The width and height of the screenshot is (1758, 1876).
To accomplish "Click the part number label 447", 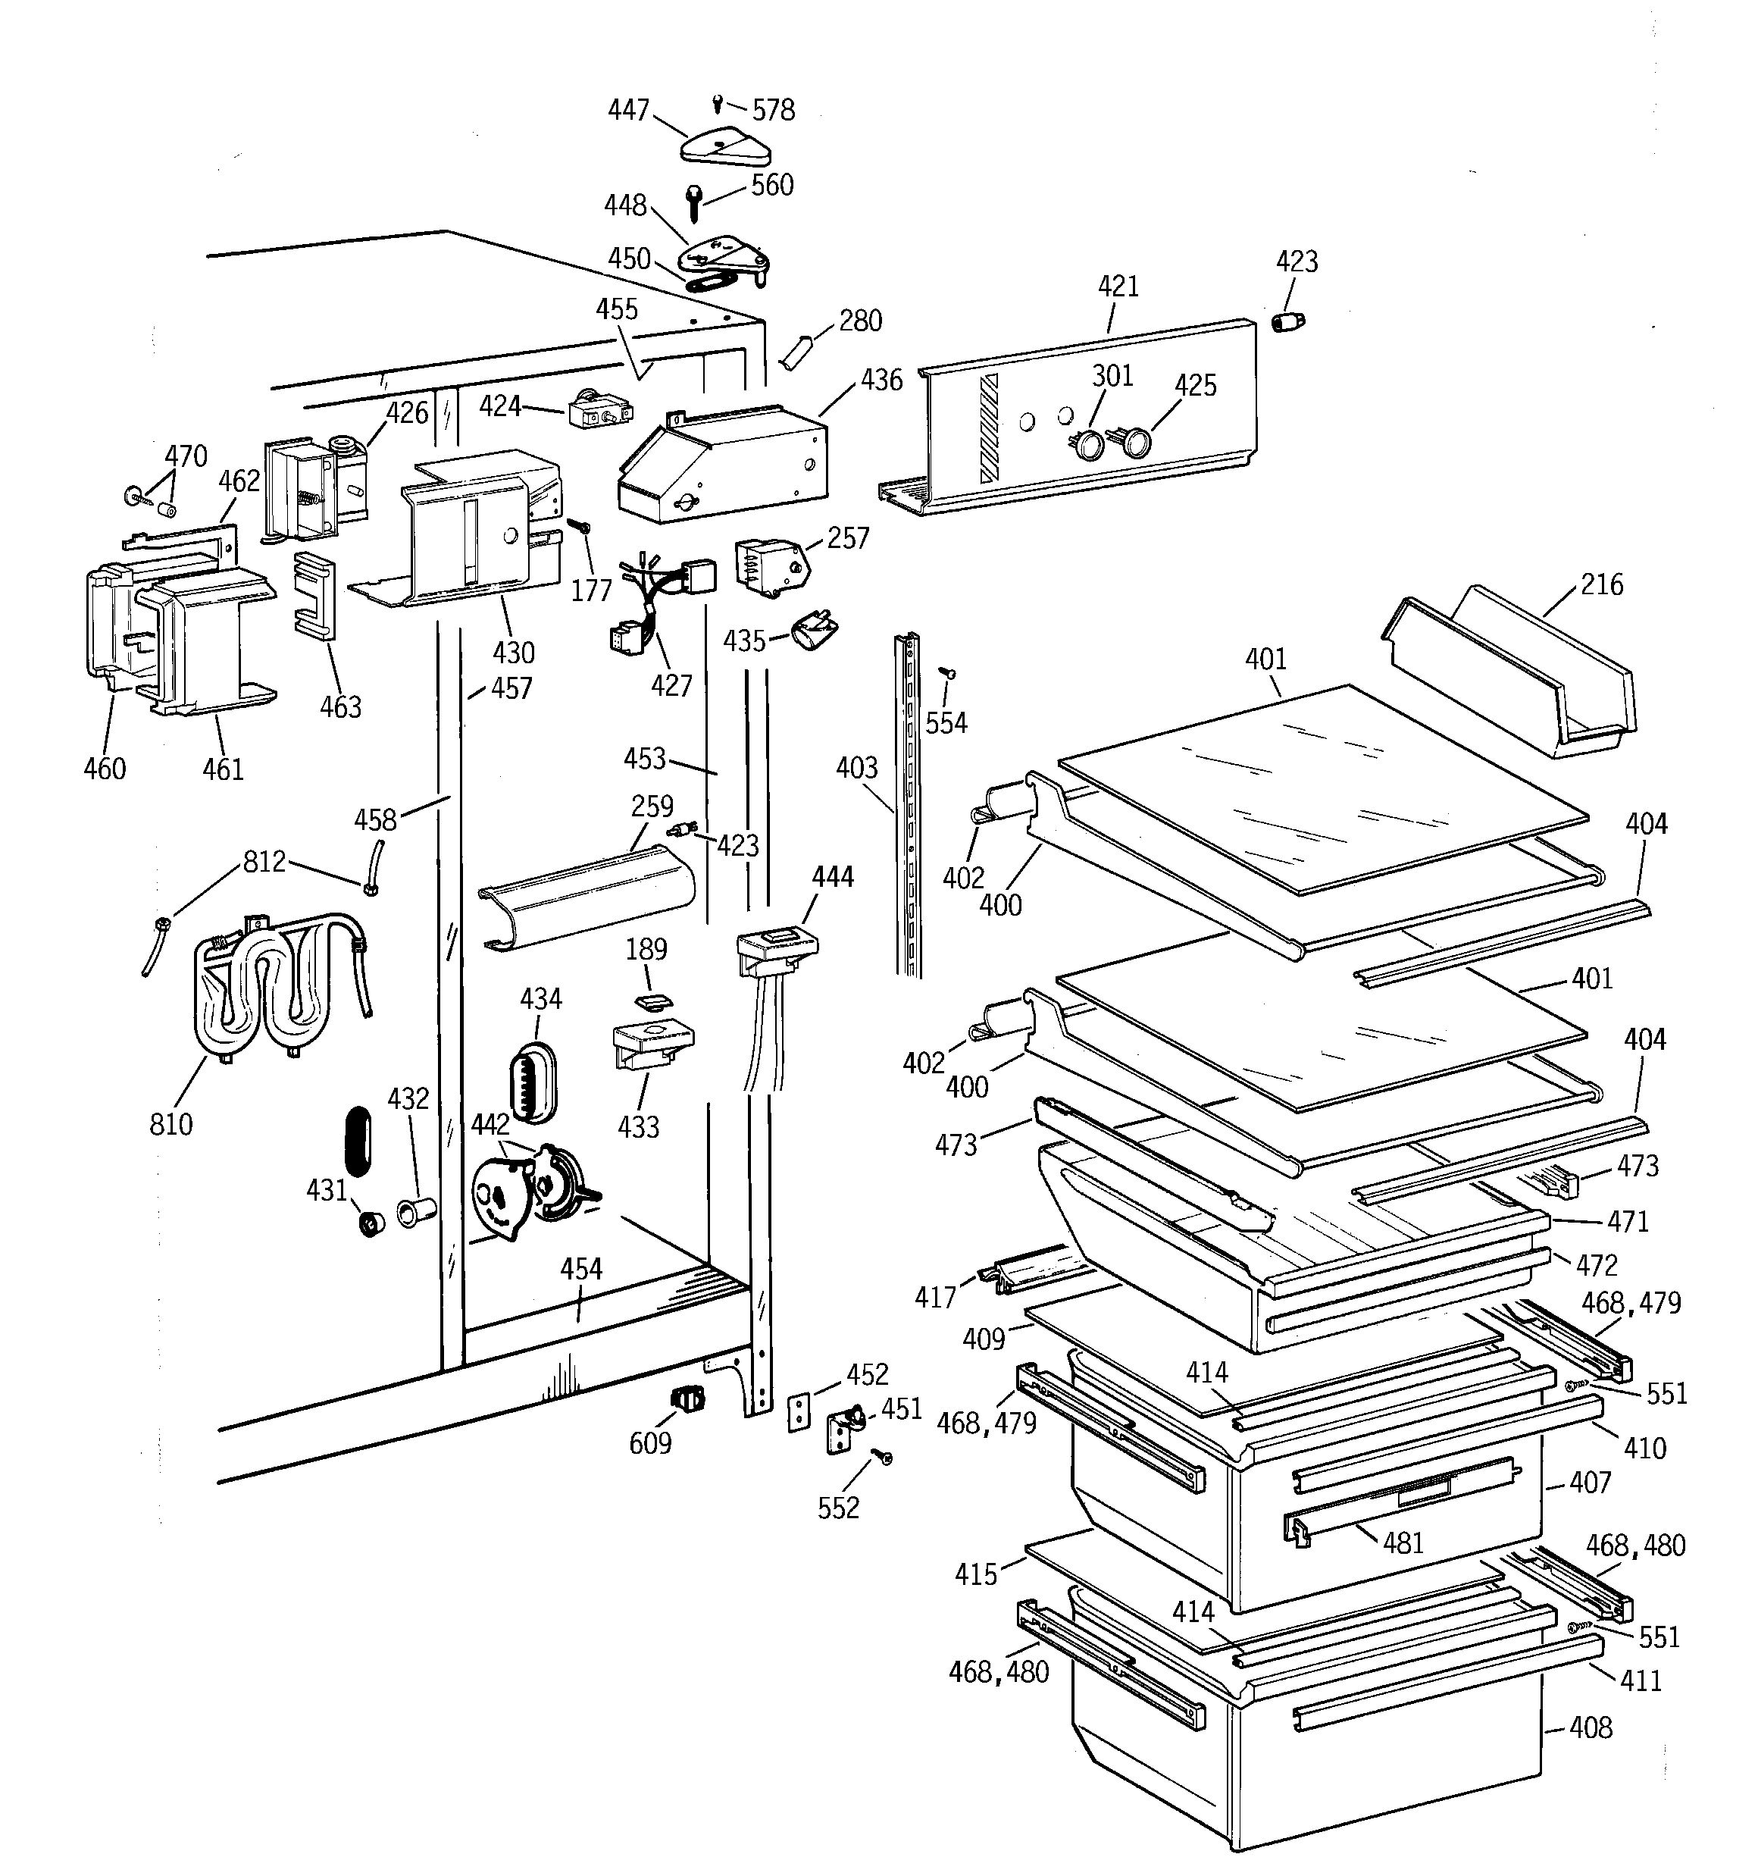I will [627, 111].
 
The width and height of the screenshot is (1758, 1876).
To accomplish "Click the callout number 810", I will [170, 1124].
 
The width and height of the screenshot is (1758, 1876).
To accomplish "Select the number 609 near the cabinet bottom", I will [650, 1443].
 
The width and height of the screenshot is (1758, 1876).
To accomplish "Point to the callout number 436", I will [881, 381].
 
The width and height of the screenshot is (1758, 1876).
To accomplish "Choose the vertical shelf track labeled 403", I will [908, 802].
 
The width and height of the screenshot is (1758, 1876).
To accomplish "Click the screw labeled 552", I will [884, 1458].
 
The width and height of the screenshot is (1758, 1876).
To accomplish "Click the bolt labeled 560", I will [695, 201].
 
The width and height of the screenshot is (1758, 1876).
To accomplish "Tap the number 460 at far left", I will [104, 769].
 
